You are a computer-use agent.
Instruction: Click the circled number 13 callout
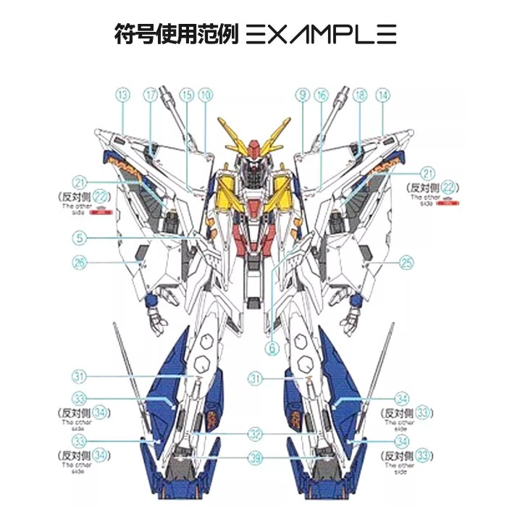click(x=122, y=94)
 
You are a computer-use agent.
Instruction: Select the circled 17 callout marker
click(x=150, y=94)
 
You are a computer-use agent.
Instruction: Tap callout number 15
click(x=187, y=94)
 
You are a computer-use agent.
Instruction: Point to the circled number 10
click(x=206, y=94)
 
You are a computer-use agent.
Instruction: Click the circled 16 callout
click(x=322, y=94)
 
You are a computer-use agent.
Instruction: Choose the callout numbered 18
click(x=360, y=94)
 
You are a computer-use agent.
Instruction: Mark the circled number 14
click(x=383, y=94)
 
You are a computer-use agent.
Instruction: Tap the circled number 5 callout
click(x=80, y=237)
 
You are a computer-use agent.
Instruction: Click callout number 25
click(x=406, y=261)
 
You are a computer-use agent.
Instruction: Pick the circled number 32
click(x=254, y=434)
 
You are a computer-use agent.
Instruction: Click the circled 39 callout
click(x=254, y=457)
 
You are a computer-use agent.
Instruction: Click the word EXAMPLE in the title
click(x=322, y=34)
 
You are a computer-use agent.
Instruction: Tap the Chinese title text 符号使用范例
click(x=176, y=34)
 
